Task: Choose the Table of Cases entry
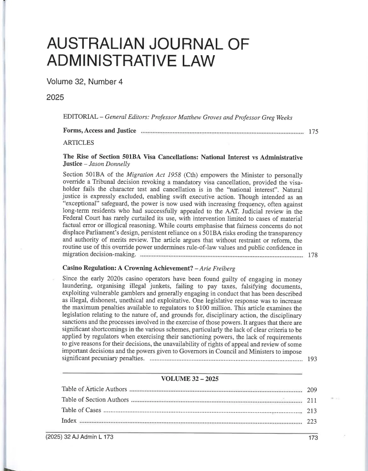coord(82,410)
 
